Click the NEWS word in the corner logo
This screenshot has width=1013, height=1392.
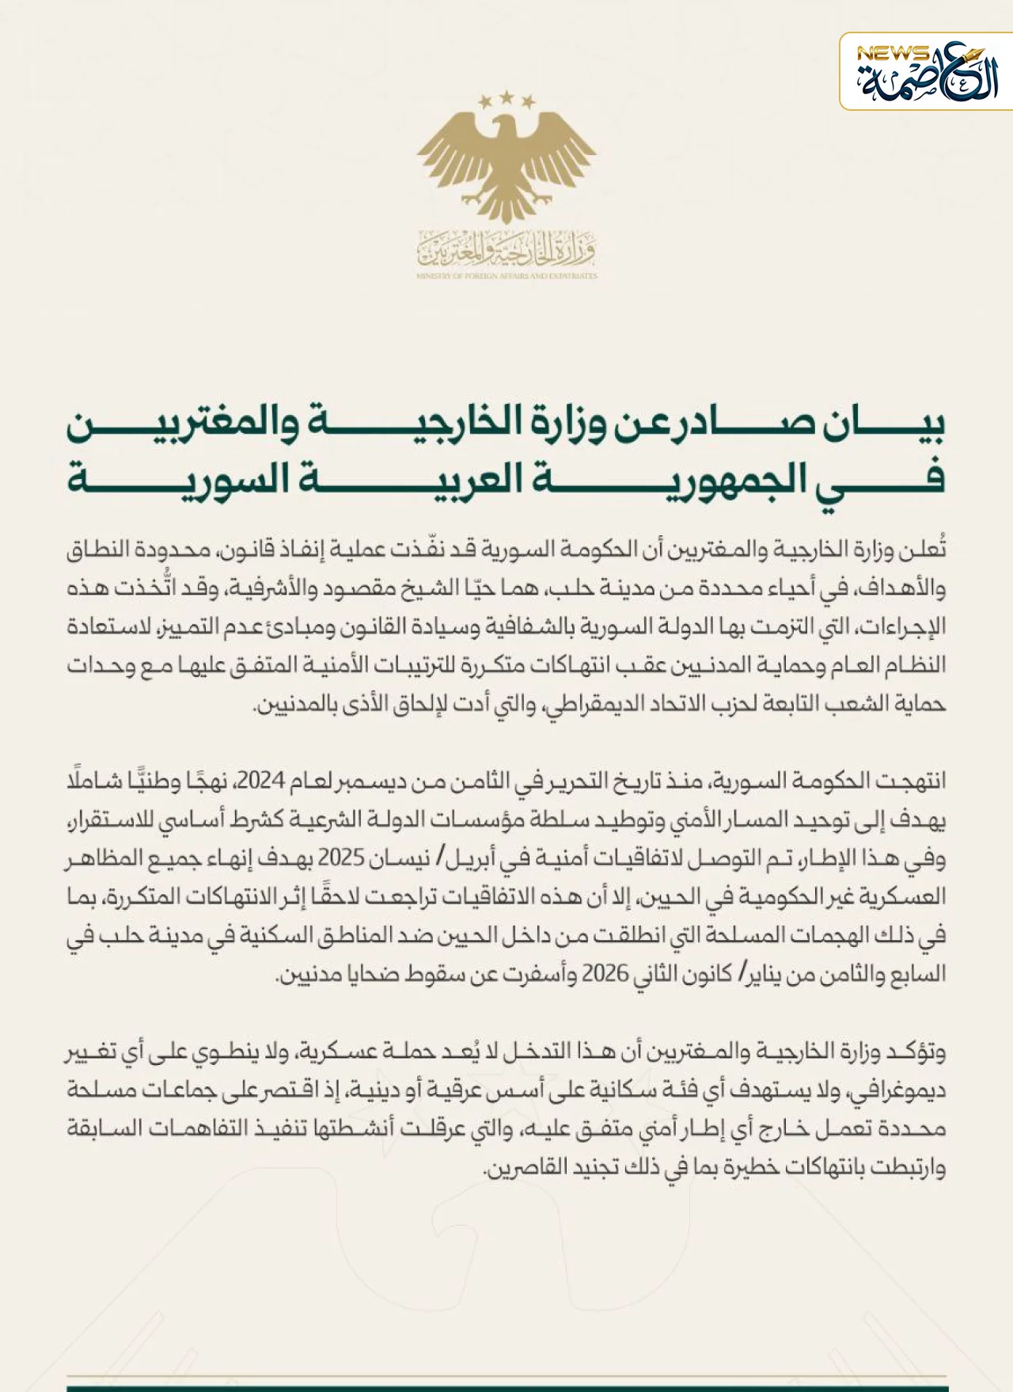click(892, 53)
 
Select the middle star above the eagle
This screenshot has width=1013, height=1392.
click(506, 97)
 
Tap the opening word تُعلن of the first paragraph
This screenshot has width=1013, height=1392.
click(928, 550)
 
